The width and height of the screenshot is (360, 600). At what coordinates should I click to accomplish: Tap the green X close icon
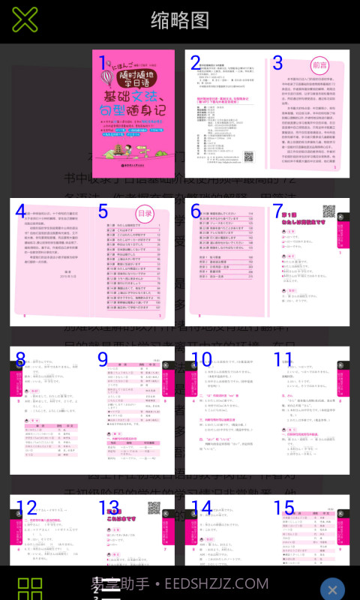tap(25, 19)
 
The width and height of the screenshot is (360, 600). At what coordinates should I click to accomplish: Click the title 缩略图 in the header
tap(180, 20)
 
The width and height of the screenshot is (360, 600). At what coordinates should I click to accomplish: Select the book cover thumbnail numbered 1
tap(133, 113)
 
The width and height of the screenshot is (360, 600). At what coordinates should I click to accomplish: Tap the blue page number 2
tap(196, 64)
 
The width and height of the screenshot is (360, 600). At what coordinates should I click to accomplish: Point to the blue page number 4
tap(20, 212)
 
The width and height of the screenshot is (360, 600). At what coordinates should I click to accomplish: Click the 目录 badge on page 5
tap(145, 213)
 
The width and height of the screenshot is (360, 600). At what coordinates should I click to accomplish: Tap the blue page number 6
tap(196, 212)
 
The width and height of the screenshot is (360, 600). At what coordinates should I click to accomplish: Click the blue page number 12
tap(26, 508)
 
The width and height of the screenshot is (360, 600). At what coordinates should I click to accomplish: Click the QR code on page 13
tap(154, 508)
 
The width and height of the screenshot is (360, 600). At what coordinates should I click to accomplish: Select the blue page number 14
tap(202, 508)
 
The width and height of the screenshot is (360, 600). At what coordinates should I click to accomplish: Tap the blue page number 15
tap(283, 508)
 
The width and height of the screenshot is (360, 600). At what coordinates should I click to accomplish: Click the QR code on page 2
tap(249, 157)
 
